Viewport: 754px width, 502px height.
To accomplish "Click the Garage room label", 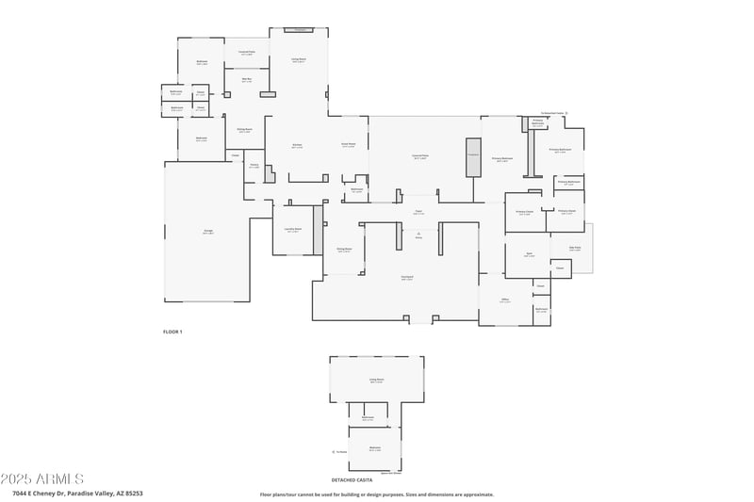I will pos(207,232).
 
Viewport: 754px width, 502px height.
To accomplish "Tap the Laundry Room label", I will pos(293,230).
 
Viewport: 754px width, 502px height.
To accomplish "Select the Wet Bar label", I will pos(246,80).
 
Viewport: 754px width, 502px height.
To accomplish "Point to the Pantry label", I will pos(254,167).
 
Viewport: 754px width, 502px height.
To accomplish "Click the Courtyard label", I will pos(407,278).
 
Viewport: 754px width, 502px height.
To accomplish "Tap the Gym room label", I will pos(529,255).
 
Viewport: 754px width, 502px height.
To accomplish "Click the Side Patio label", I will pos(575,249).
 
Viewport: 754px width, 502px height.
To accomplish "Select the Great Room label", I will pos(348,145).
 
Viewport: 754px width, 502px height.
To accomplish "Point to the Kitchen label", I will pos(297,146).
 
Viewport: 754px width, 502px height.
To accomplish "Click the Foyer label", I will pos(418,212).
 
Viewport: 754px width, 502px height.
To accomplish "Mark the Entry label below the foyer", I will pos(418,238).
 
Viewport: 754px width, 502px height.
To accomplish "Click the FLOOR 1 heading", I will pos(172,332).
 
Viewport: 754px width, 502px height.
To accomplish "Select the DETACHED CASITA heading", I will pos(365,480).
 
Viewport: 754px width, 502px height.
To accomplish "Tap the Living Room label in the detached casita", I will pos(376,381).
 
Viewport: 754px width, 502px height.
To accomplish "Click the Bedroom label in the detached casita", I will pos(375,448).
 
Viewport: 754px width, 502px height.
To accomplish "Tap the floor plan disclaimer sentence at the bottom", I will pos(376,494).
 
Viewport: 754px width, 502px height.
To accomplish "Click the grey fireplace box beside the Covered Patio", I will pos(472,156).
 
